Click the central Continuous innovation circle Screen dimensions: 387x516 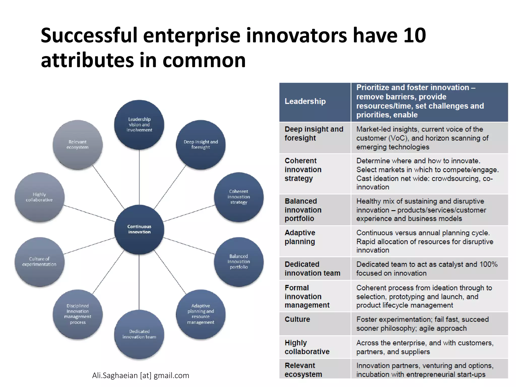click(x=139, y=229)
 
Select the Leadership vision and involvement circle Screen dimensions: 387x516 click(x=139, y=124)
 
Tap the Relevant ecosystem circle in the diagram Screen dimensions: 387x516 click(x=78, y=145)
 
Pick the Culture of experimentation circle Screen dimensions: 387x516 click(x=39, y=262)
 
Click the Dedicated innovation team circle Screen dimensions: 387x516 click(x=139, y=334)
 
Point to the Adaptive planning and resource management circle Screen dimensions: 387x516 click(x=201, y=314)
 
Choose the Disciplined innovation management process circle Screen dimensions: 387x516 click(x=78, y=314)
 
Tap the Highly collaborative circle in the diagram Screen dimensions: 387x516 click(x=39, y=197)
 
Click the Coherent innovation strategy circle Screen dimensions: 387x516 click(x=239, y=197)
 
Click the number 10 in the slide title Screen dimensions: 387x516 click(x=414, y=35)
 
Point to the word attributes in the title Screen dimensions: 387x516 click(x=87, y=60)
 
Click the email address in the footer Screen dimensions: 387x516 click(x=141, y=375)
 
